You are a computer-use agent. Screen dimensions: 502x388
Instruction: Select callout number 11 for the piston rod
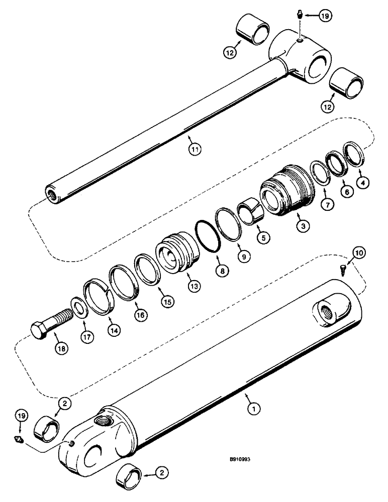tap(193, 148)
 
